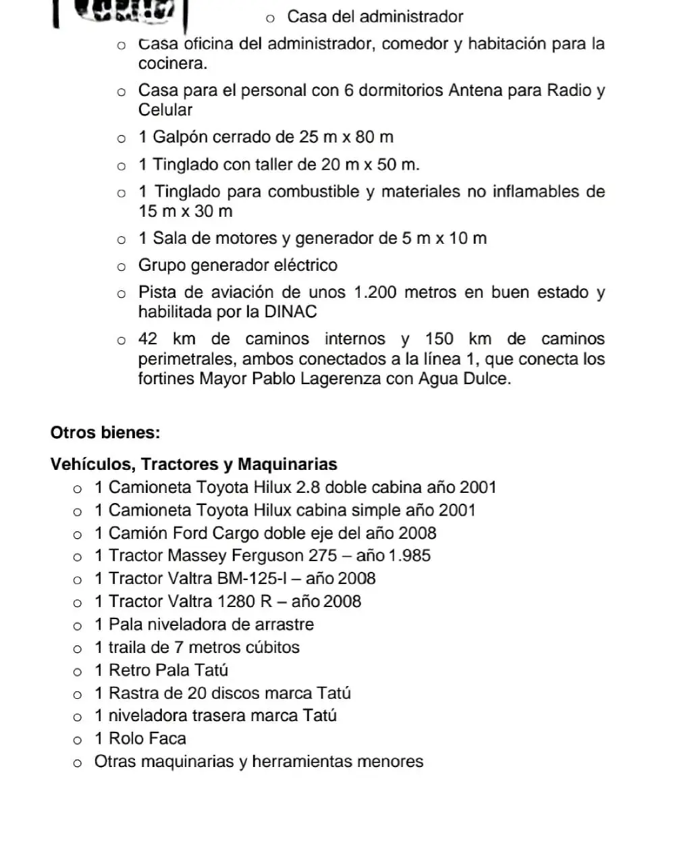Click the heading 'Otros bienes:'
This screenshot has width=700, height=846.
pos(105,432)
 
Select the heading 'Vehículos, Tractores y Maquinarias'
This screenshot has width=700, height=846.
pos(194,464)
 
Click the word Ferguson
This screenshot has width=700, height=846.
pos(267,556)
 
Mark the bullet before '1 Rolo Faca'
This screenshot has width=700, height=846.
pos(78,740)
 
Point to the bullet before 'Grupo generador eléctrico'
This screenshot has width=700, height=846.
pos(122,267)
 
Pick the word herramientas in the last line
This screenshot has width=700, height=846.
pos(301,762)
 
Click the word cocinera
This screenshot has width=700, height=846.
pos(172,63)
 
